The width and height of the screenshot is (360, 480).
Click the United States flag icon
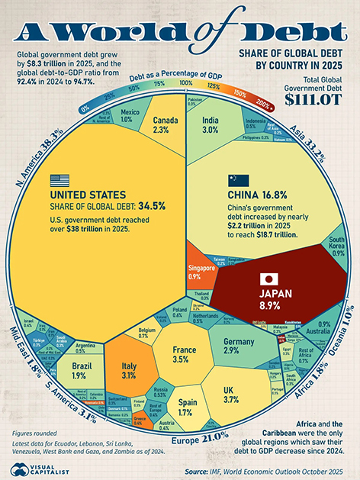pyautogui.click(x=59, y=181)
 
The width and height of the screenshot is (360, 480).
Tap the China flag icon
pyautogui.click(x=238, y=181)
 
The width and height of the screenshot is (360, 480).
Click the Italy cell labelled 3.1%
pyautogui.click(x=128, y=369)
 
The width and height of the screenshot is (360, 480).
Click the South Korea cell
pyautogui.click(x=335, y=247)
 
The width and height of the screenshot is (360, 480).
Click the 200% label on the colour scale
pyautogui.click(x=263, y=103)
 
